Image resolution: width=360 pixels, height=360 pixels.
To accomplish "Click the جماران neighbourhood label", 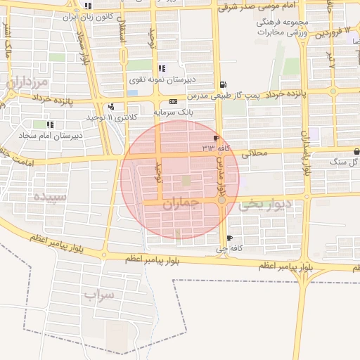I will coord(181,203).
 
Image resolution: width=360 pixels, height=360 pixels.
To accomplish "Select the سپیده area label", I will coord(48,197).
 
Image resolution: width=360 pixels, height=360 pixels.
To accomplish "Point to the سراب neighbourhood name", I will coord(98,295).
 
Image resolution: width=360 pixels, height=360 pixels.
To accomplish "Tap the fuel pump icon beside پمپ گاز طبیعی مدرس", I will coord(223,84).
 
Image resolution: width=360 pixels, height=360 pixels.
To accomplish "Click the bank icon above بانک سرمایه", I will coord(173,101).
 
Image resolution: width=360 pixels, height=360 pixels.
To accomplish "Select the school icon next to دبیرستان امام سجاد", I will coord(49,124).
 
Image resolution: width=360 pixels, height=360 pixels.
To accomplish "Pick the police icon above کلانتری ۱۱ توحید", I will coord(111,107).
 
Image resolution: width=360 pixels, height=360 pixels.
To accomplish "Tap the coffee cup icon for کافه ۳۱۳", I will coord(214,138).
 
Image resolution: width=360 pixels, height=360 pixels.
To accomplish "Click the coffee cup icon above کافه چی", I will coord(230,238).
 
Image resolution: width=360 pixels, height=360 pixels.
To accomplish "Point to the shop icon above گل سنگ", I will coord(357,150).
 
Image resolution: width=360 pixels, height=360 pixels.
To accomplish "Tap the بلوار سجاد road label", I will coord(84,46).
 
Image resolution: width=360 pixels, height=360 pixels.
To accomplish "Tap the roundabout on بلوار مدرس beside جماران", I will coord(221,201).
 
